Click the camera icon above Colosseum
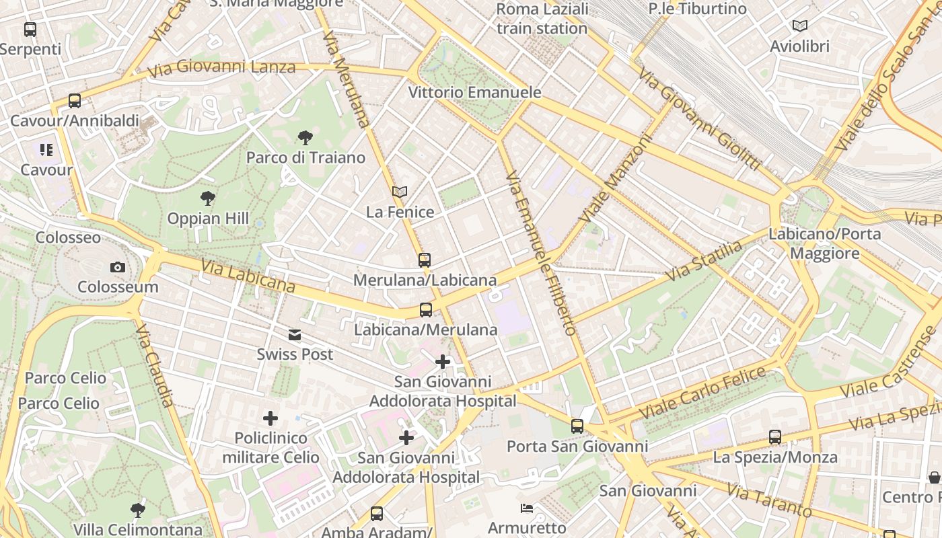click(x=118, y=268)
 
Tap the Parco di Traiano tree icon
click(x=305, y=139)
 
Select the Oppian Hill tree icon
click(x=208, y=198)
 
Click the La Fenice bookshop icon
click(x=400, y=192)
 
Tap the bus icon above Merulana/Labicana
click(x=424, y=260)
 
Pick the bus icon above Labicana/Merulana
click(x=425, y=310)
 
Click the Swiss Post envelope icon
click(x=295, y=335)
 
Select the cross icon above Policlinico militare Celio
click(x=270, y=418)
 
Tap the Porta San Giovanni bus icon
click(x=577, y=426)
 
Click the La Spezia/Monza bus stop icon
click(x=775, y=437)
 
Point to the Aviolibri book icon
click(x=799, y=26)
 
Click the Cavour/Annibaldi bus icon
click(x=75, y=101)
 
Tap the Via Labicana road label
click(x=248, y=276)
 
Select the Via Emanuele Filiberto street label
click(x=541, y=252)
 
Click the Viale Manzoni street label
click(x=616, y=179)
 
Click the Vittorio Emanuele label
click(x=474, y=92)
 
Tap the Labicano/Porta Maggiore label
click(x=824, y=243)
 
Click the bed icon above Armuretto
click(x=527, y=508)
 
